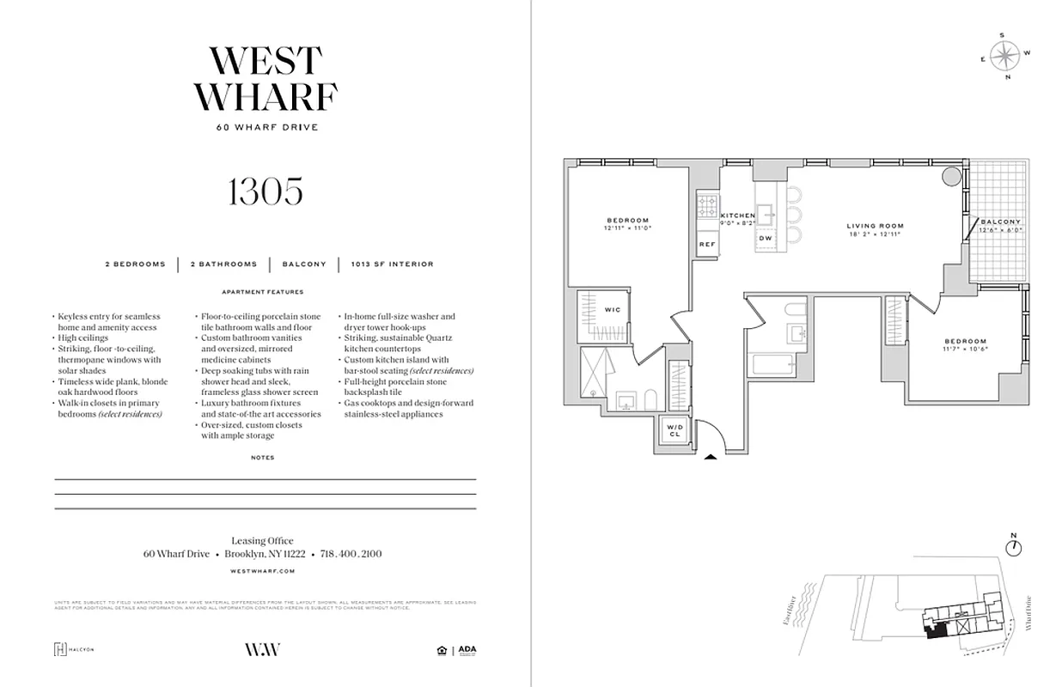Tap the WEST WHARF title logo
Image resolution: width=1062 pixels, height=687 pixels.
tap(265, 79)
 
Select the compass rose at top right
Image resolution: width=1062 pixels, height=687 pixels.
tap(1004, 56)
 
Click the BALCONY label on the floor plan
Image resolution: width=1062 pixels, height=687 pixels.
tap(1002, 222)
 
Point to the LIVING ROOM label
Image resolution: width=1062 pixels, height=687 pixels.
tap(875, 227)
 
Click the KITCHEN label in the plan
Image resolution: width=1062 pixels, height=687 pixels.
tap(737, 216)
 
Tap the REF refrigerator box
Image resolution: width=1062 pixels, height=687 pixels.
tap(707, 245)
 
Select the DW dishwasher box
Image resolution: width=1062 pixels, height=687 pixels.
tap(766, 239)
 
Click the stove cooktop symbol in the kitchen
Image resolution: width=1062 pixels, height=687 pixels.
tap(707, 205)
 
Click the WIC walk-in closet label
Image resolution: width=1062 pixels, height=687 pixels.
tap(612, 309)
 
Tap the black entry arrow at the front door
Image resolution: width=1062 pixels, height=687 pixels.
tap(710, 458)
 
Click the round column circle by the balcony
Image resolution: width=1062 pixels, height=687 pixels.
tap(950, 177)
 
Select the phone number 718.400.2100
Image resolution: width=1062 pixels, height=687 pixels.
tap(351, 555)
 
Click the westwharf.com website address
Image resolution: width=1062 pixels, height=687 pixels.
tap(265, 571)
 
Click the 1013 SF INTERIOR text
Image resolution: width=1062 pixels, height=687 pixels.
tap(392, 264)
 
